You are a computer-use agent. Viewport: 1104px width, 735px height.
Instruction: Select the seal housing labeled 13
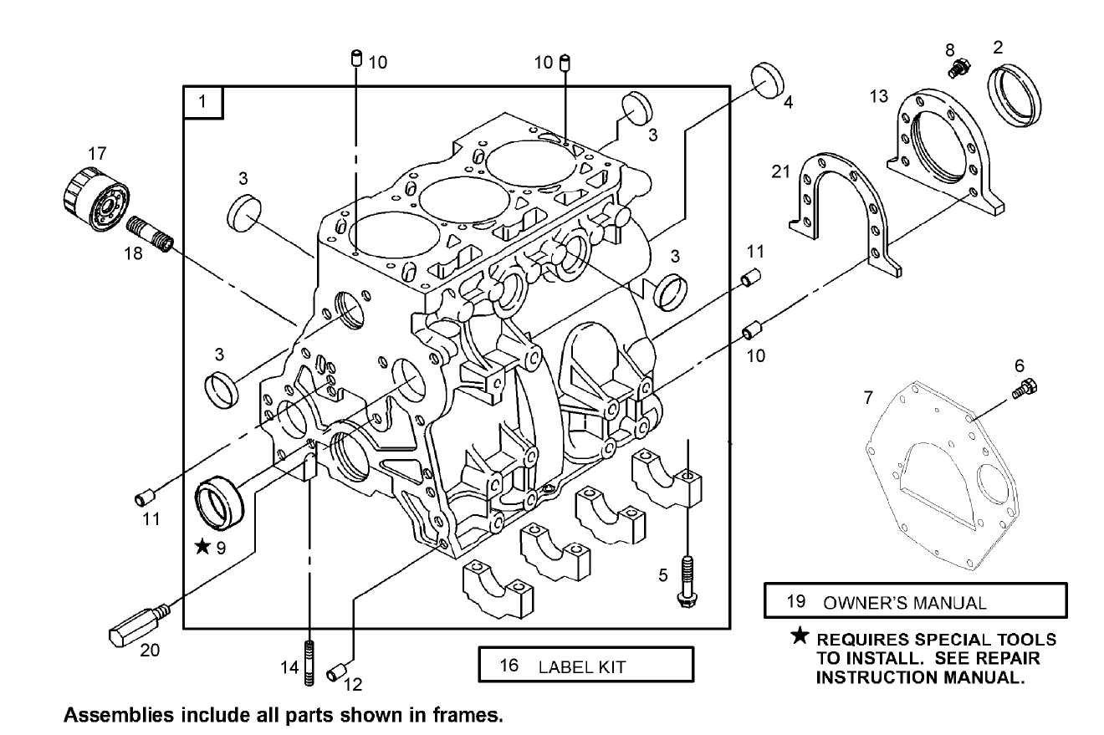(x=945, y=155)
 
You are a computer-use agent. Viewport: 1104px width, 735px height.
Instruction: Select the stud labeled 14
(x=309, y=663)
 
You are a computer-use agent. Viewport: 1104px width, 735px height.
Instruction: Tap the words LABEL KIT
(x=581, y=666)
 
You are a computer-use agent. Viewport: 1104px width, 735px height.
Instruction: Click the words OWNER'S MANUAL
(x=905, y=601)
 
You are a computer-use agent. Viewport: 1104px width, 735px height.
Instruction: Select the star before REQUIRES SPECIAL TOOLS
(x=800, y=638)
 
